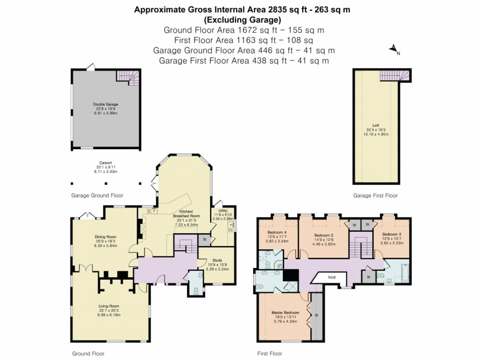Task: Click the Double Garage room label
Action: [106, 104]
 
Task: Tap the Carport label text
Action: [106, 163]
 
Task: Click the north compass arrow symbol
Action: [393, 49]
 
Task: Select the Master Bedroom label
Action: [285, 312]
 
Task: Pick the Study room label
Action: [217, 261]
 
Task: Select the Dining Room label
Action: [106, 237]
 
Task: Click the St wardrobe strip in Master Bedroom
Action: [317, 315]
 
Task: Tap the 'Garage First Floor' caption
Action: [375, 195]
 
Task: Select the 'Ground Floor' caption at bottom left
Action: [88, 353]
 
